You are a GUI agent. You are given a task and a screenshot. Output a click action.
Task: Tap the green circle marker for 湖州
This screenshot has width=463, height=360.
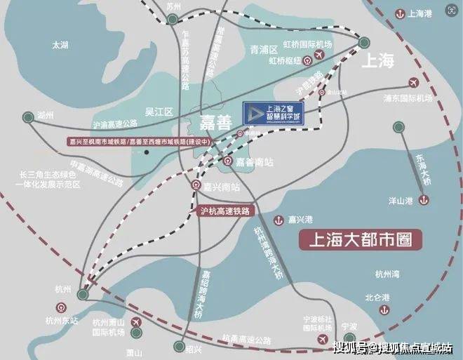(x=27, y=116)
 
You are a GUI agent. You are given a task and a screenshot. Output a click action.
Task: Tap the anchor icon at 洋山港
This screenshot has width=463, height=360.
(x=423, y=201)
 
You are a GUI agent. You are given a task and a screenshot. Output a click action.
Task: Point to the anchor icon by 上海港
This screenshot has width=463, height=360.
(x=400, y=13)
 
